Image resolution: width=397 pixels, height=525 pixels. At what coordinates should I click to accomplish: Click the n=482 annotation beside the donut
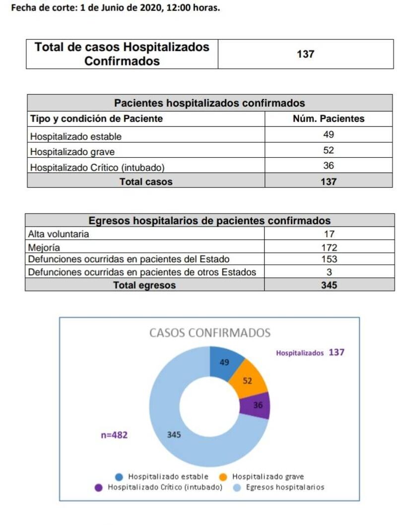[x=114, y=435]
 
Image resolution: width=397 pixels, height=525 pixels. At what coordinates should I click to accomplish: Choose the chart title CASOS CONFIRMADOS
[x=210, y=333]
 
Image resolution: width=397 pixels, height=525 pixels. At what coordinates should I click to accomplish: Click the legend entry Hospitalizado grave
[x=262, y=476]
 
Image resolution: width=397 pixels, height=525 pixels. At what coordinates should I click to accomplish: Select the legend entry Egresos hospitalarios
[x=278, y=487]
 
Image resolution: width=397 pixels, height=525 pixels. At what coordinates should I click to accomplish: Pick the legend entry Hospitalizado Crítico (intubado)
[x=159, y=487]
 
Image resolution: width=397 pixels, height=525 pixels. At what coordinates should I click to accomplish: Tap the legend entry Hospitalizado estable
[x=161, y=476]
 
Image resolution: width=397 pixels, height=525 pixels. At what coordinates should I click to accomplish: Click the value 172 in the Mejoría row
[x=329, y=248]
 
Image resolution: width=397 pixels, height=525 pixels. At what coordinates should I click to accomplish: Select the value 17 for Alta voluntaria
[x=329, y=234]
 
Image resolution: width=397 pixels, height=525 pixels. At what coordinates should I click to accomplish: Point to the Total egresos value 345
[x=329, y=285]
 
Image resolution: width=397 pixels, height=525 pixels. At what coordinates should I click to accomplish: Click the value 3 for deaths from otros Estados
[x=329, y=272]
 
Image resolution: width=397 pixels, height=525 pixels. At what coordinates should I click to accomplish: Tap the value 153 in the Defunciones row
[x=329, y=259]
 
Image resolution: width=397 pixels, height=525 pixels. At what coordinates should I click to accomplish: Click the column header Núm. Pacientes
[x=329, y=119]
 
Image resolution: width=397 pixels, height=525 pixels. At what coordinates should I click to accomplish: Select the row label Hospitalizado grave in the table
[x=72, y=152]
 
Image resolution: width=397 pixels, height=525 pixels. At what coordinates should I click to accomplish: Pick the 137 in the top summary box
[x=305, y=54]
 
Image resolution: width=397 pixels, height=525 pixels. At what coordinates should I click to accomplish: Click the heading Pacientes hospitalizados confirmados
[x=209, y=103]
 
